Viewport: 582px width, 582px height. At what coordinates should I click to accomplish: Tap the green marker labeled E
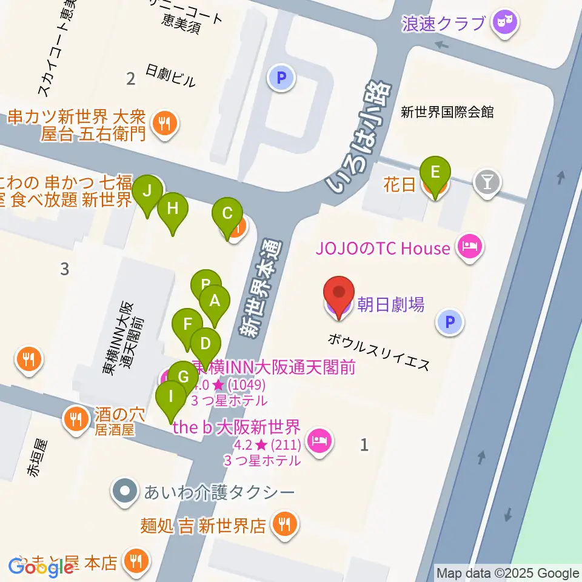(435, 173)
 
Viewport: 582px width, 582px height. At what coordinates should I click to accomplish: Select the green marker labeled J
(147, 193)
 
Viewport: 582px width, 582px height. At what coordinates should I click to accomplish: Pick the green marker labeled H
(173, 210)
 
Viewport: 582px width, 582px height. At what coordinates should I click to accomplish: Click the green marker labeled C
(227, 215)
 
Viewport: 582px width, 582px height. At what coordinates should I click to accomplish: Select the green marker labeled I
(172, 398)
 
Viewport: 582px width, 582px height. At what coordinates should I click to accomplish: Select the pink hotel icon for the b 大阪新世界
(318, 440)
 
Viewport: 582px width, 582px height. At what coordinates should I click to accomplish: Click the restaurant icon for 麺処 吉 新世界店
(283, 524)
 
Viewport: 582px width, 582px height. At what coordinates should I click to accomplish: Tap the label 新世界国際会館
(447, 112)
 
